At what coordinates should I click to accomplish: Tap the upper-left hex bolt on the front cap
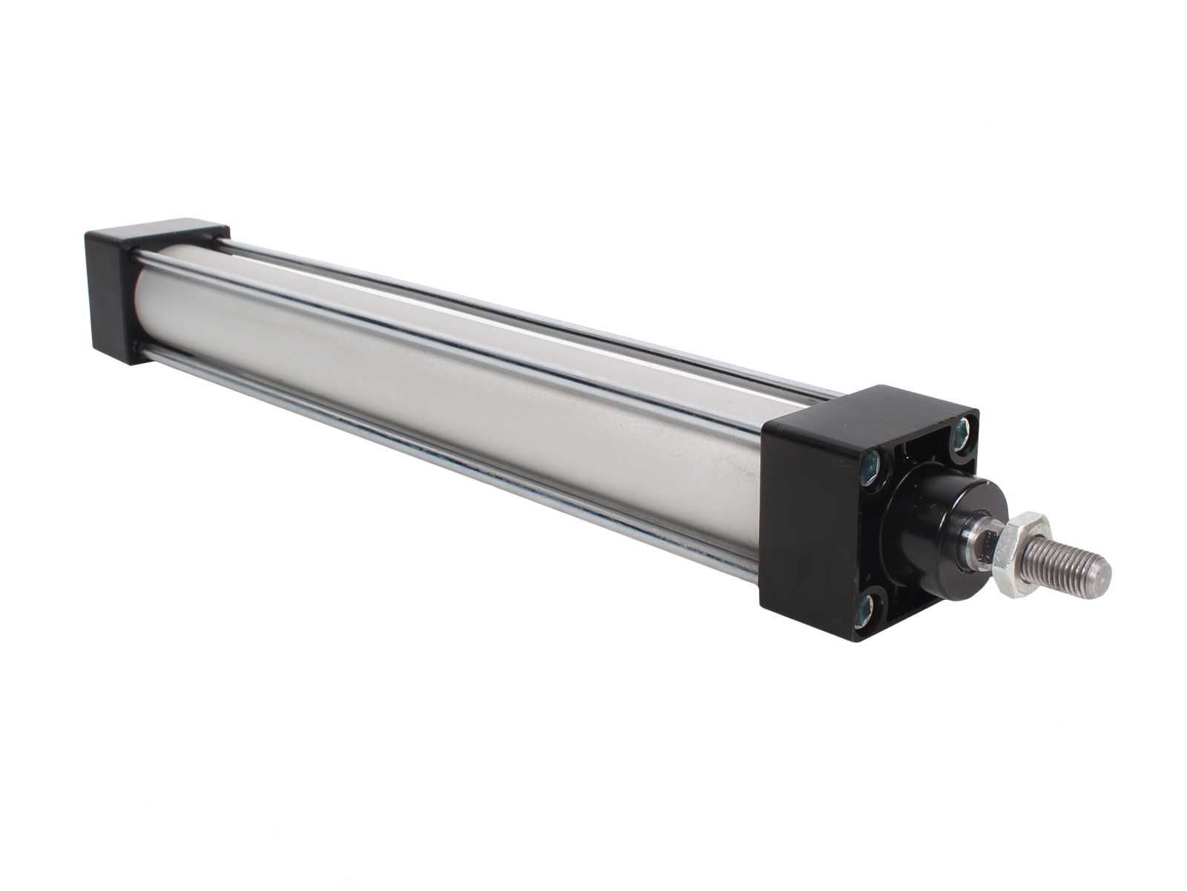point(871,466)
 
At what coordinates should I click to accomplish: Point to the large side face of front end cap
point(805,520)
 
